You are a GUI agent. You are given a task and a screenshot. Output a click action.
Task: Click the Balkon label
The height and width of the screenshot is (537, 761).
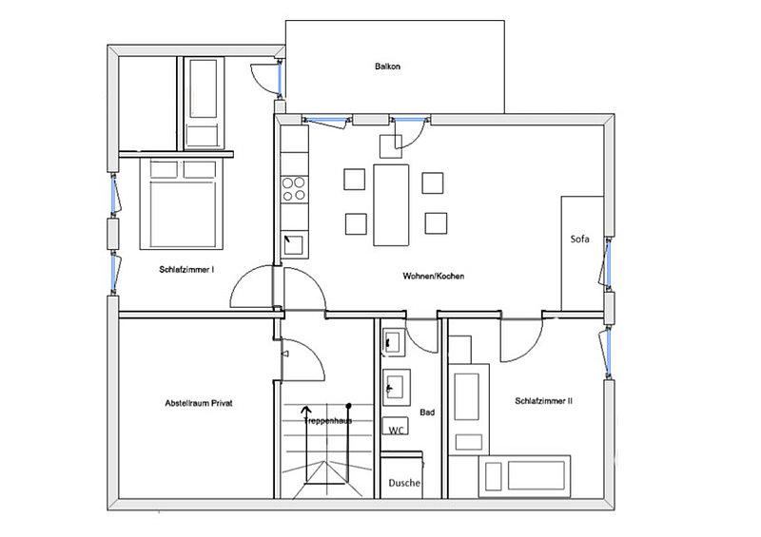coord(387,66)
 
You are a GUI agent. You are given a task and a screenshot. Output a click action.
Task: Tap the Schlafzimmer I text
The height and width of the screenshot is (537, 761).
coord(186,269)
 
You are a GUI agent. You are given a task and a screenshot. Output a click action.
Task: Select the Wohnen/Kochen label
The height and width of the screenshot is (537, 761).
coord(434,276)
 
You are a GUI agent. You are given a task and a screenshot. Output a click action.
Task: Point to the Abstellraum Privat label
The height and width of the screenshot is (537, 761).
coord(199,403)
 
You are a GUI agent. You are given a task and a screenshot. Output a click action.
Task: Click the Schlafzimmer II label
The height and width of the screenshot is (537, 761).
coord(543,401)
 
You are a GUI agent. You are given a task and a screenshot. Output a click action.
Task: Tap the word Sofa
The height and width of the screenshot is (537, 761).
coord(579,239)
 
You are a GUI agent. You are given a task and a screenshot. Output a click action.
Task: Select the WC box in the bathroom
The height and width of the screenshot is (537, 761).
coord(396,427)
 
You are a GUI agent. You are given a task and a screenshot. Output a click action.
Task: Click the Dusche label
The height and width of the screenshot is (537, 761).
coord(404,483)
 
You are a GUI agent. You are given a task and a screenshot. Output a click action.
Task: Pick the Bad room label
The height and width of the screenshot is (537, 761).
coord(427,412)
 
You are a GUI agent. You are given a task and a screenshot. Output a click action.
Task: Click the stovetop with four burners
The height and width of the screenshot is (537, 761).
coord(295,189)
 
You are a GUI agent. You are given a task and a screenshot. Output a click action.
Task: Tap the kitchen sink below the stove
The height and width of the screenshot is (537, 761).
coord(294,244)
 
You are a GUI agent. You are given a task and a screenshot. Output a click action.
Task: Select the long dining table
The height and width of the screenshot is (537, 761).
coord(391,204)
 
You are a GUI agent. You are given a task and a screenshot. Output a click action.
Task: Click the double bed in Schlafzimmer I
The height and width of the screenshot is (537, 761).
coord(182,203)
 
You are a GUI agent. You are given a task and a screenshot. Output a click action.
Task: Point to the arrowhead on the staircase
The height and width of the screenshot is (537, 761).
coord(306,411)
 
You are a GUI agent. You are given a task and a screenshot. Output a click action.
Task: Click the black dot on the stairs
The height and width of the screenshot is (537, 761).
coord(348,406)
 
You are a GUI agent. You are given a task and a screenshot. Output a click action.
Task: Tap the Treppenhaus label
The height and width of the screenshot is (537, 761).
coord(328,421)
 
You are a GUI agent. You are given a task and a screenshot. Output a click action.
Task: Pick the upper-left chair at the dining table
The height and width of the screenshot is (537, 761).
coord(354,179)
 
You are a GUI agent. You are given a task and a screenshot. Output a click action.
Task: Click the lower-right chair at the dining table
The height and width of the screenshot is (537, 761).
coord(436,223)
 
